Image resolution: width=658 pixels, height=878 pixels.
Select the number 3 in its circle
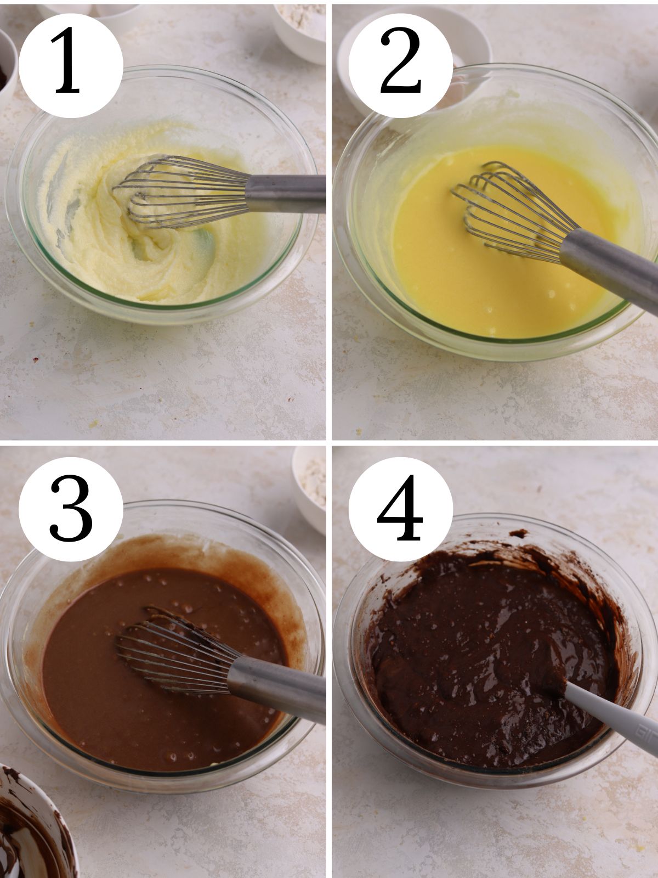pyautogui.click(x=71, y=508)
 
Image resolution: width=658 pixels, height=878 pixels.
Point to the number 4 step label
pyautogui.click(x=401, y=508)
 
